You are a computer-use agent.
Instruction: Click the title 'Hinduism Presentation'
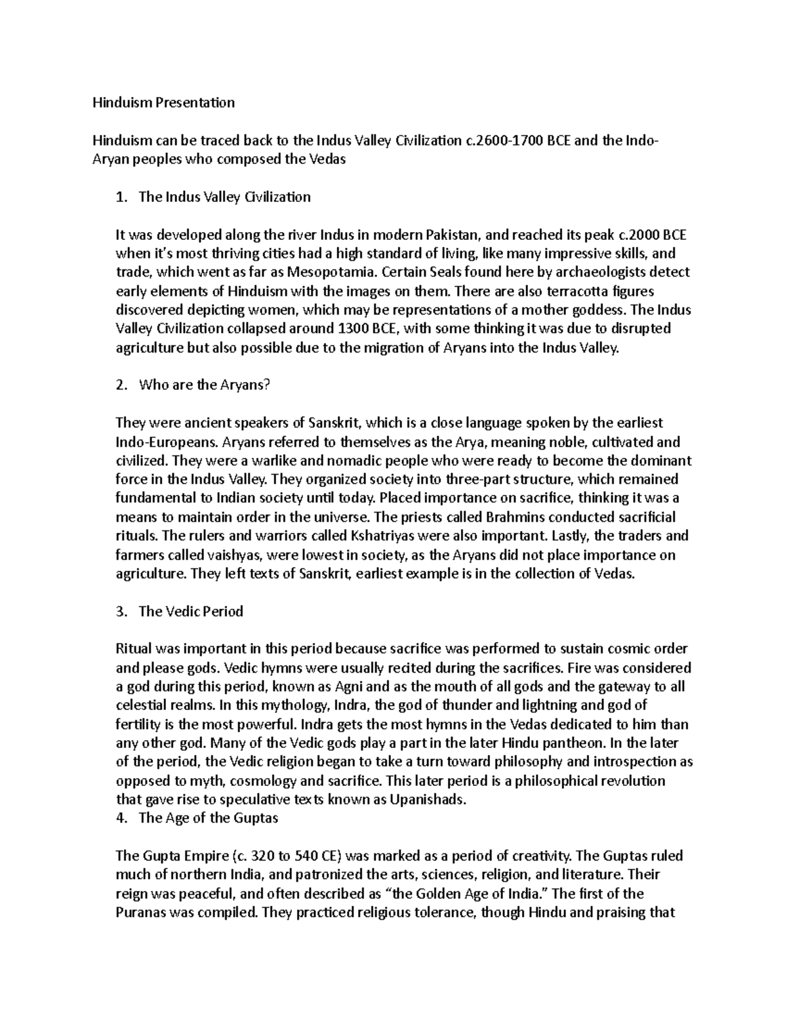tap(163, 102)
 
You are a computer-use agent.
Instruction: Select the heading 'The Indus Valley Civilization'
tap(224, 197)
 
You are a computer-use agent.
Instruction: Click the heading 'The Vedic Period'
tap(191, 611)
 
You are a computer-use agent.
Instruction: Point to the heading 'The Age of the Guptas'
tap(209, 818)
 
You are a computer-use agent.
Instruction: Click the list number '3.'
tap(121, 611)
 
